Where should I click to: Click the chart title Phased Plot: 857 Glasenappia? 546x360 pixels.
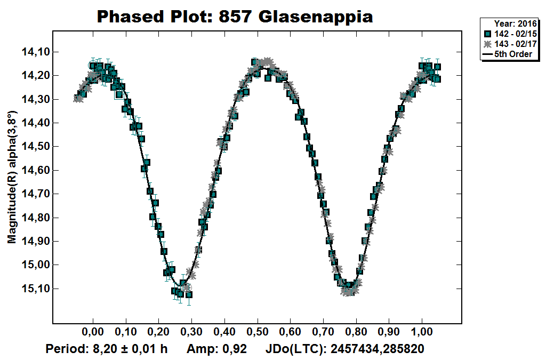(x=235, y=17)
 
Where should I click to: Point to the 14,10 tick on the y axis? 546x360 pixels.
(x=34, y=52)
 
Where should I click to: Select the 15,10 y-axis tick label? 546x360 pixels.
(x=34, y=289)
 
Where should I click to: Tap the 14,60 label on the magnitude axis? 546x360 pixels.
(x=34, y=170)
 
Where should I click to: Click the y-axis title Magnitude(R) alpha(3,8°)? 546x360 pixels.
(x=12, y=177)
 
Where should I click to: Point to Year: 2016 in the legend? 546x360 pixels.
(x=512, y=24)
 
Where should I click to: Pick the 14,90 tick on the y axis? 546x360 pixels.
(x=34, y=241)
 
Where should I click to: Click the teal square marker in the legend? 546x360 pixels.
(x=487, y=34)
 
